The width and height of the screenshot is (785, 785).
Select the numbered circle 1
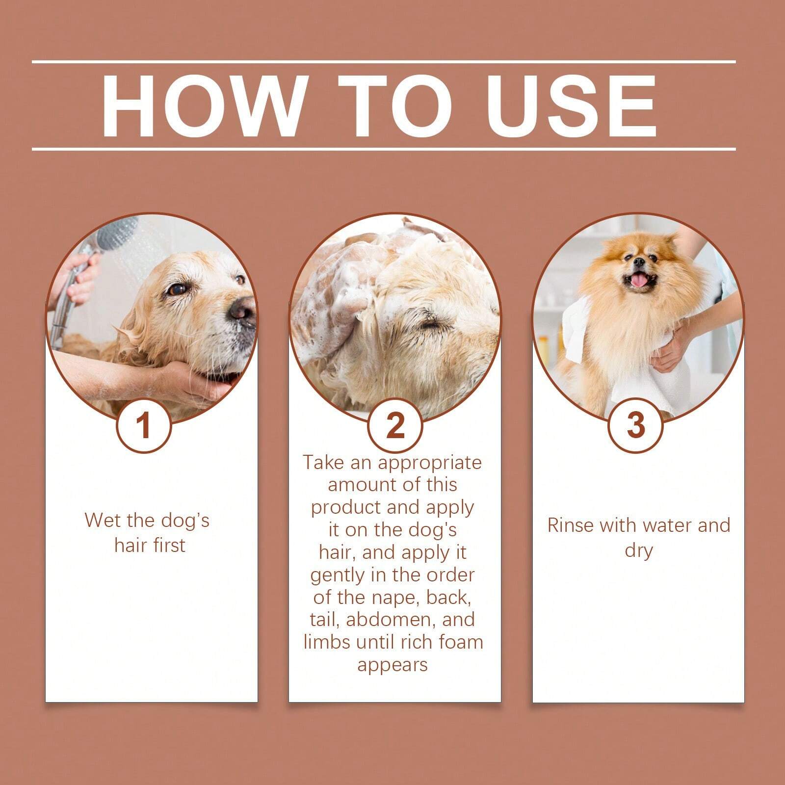[x=143, y=425]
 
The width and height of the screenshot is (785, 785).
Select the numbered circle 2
[x=395, y=425]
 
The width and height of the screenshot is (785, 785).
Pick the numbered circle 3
[x=636, y=424]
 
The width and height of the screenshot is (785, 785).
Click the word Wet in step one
[x=102, y=520]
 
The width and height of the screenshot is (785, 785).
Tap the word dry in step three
[x=638, y=550]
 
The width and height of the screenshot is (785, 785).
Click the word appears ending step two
[x=392, y=665]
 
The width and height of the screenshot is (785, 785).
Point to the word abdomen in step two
[x=391, y=620]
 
